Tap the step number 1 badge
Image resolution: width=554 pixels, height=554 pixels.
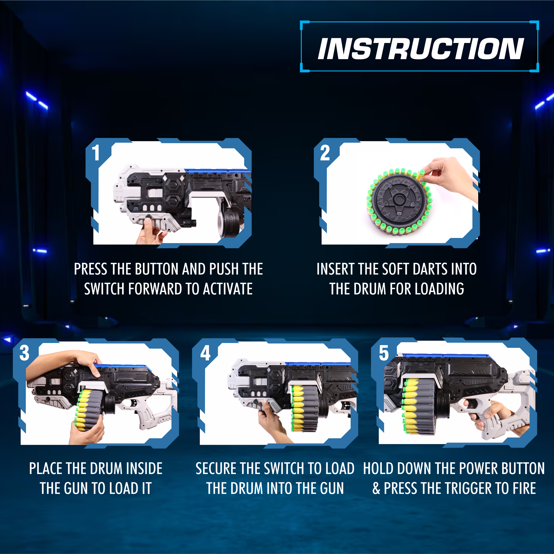[x=96, y=153]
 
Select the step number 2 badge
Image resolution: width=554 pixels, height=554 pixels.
[x=325, y=153]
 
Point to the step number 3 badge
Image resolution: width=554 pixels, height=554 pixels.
[x=24, y=353]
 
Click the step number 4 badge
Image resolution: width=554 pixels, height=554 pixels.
[x=205, y=353]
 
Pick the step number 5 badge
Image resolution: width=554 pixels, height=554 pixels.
[x=384, y=353]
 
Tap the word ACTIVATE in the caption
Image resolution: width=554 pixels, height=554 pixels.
[x=228, y=289]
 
